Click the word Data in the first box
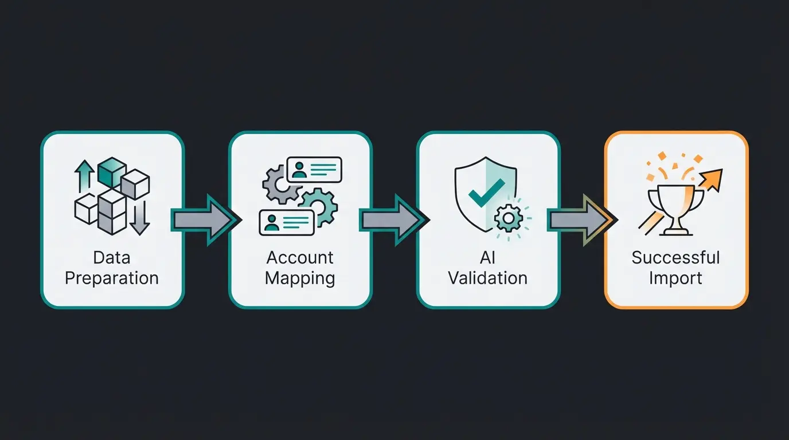pos(112,258)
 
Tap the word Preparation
pos(112,278)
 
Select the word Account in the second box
pos(300,258)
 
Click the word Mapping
pos(300,278)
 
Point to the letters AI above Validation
pos(487,258)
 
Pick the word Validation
pos(487,278)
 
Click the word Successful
pos(675,258)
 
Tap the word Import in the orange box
pos(675,278)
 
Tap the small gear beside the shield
pos(508,218)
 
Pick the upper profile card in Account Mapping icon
pos(314,170)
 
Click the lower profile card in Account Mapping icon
pos(286,222)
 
